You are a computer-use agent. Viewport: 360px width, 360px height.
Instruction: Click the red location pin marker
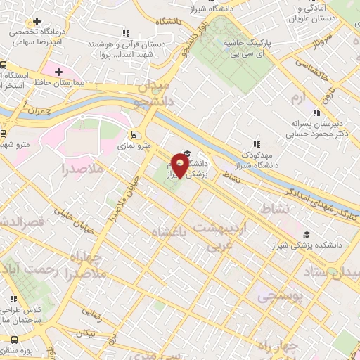181,167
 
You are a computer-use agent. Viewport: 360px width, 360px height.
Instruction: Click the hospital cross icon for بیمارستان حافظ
58,72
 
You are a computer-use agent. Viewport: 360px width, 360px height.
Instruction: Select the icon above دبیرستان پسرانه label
316,112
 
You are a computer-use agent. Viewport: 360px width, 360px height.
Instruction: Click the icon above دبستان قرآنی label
126,33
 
